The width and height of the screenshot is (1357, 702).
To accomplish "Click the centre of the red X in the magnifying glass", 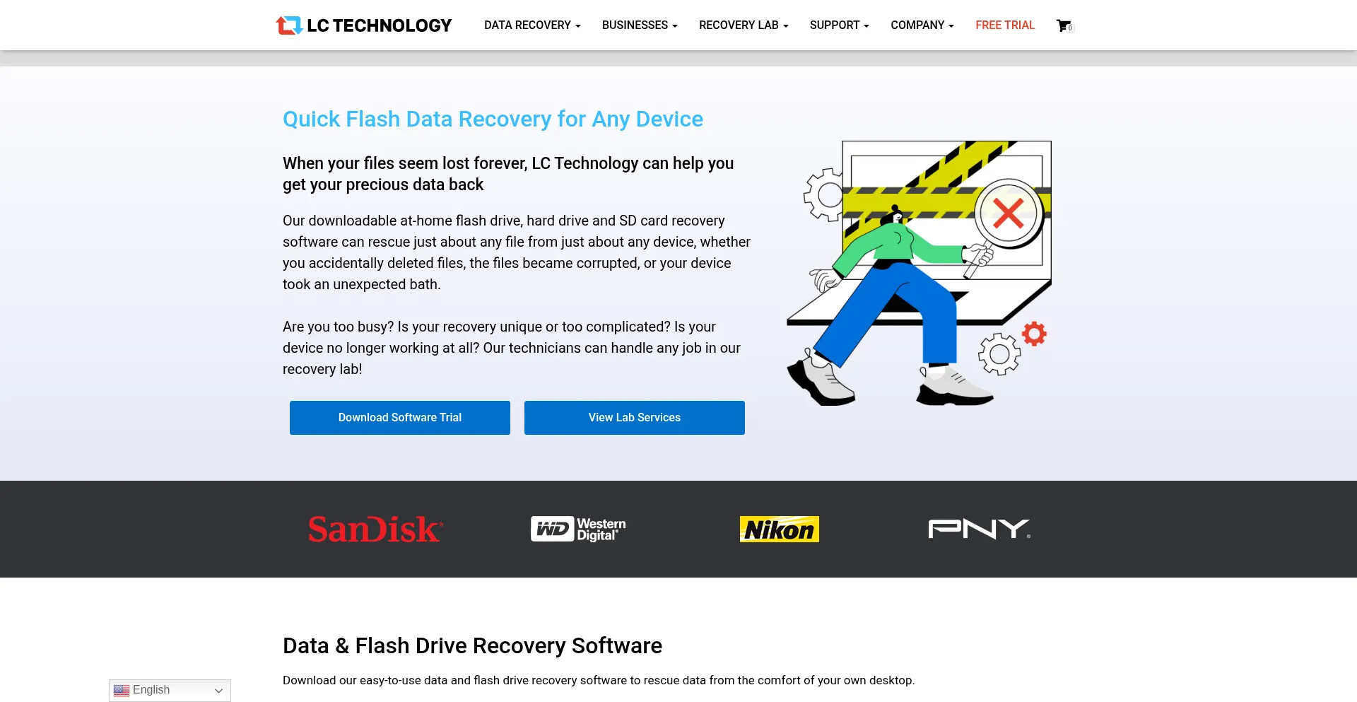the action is tap(1008, 213).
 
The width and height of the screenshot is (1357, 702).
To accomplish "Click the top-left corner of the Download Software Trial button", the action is tap(290, 401).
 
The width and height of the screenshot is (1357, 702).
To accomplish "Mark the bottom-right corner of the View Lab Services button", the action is tap(745, 435).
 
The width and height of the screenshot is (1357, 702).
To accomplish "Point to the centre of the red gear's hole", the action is tap(1034, 334).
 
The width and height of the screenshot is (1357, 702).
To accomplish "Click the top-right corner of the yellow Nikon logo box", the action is tap(819, 516).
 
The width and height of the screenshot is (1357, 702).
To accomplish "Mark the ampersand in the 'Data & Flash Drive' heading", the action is tap(342, 646).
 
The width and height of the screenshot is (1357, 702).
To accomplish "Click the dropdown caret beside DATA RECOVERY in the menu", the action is tap(578, 26).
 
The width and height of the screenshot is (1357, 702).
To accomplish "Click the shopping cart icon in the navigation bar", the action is tap(1064, 25).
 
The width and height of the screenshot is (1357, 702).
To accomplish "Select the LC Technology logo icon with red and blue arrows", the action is tap(289, 25).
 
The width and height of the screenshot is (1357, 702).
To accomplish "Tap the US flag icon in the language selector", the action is tap(122, 691).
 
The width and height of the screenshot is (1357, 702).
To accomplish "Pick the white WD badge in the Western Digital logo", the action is tap(552, 529).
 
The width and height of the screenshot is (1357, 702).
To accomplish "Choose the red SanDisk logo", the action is tap(375, 530).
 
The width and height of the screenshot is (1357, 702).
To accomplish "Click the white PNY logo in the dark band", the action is tap(979, 529).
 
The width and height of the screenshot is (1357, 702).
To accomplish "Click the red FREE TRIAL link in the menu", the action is tap(1005, 25).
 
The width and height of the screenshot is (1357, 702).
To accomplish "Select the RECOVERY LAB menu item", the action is tap(744, 25).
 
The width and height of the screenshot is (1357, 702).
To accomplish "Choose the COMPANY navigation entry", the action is tap(922, 25).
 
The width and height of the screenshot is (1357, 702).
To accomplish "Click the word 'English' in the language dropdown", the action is tap(151, 690).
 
